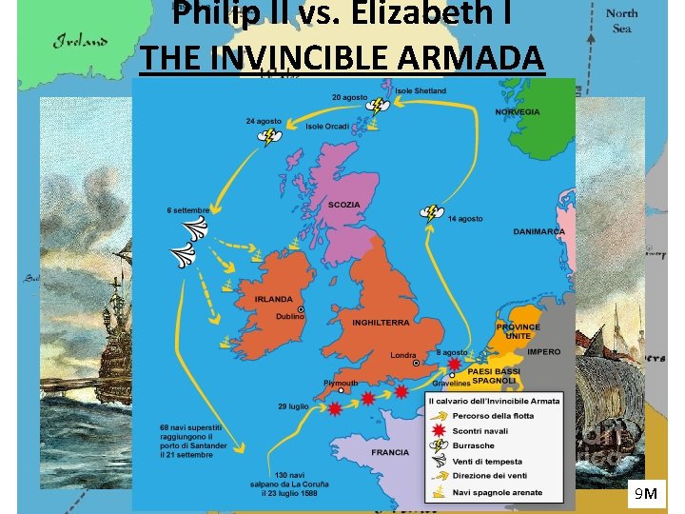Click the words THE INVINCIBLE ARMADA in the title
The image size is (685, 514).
342,57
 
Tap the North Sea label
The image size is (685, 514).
621,21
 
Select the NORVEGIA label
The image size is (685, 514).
518,112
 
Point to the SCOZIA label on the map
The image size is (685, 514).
343,205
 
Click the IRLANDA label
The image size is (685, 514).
274,299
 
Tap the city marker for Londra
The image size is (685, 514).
415,363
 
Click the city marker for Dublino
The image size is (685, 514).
302,309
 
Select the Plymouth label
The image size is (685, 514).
341,383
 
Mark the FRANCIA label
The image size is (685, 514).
390,453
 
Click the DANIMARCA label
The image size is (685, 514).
538,231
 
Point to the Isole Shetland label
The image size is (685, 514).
414,91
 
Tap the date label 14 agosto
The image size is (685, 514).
465,219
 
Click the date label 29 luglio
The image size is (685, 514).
293,406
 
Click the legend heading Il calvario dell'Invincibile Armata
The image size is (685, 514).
494,401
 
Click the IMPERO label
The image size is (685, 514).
544,352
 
